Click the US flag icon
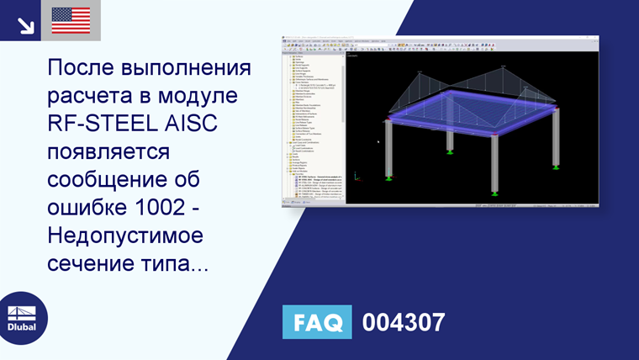(71, 20)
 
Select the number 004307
(403, 322)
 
